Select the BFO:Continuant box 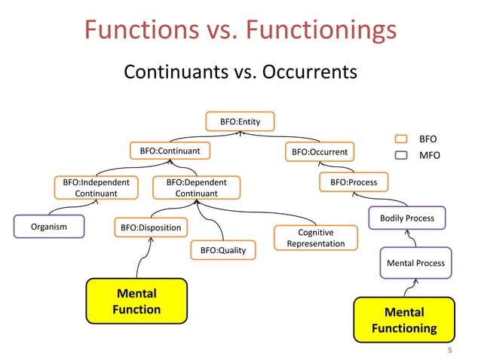170,151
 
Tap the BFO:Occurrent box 320,152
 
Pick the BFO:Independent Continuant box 96,188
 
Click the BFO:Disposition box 151,226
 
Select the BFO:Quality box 222,249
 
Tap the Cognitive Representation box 316,238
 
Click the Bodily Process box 406,218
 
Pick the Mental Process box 415,263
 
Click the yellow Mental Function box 136,301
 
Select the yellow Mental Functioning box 404,320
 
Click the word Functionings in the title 321,30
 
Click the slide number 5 450,350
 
